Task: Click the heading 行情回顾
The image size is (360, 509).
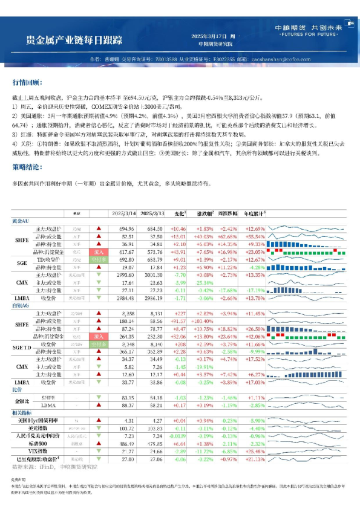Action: [x=27, y=82]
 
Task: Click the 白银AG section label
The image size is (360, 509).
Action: [x=23, y=306]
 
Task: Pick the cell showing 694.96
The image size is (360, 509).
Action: [x=126, y=229]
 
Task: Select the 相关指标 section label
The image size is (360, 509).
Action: [x=22, y=411]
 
